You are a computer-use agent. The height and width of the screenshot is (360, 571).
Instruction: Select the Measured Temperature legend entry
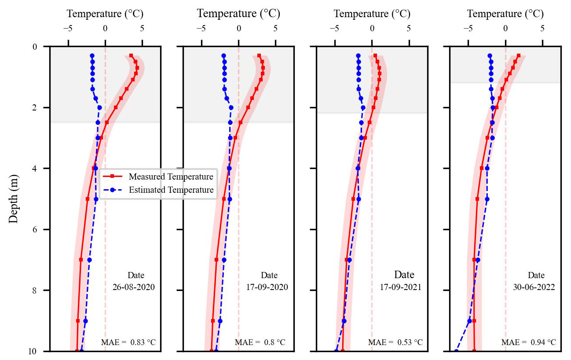tap(171, 176)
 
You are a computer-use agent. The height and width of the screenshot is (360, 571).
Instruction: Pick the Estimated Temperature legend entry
tap(171, 190)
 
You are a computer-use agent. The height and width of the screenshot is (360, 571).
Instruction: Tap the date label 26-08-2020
tap(134, 287)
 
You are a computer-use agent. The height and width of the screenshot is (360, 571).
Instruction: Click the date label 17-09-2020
tap(267, 287)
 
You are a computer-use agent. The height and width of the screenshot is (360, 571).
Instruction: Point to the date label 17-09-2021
tap(401, 287)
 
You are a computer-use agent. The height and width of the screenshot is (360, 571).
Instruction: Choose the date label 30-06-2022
tap(534, 287)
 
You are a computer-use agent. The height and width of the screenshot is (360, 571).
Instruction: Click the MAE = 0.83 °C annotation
tap(128, 342)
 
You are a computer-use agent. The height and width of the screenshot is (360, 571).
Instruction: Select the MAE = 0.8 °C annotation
tap(260, 342)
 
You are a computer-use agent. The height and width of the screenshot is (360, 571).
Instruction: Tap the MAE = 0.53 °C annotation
tap(395, 342)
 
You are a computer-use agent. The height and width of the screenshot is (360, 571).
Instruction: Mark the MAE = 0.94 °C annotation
tap(528, 342)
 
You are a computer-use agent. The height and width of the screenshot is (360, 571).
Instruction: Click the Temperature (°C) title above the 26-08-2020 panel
tap(105, 14)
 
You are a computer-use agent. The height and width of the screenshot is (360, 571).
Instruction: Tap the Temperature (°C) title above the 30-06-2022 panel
tap(505, 14)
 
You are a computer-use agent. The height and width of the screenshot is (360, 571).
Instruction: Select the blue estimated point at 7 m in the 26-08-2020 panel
tap(89, 260)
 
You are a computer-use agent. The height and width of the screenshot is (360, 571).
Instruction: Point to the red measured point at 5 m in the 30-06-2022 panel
tap(477, 199)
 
